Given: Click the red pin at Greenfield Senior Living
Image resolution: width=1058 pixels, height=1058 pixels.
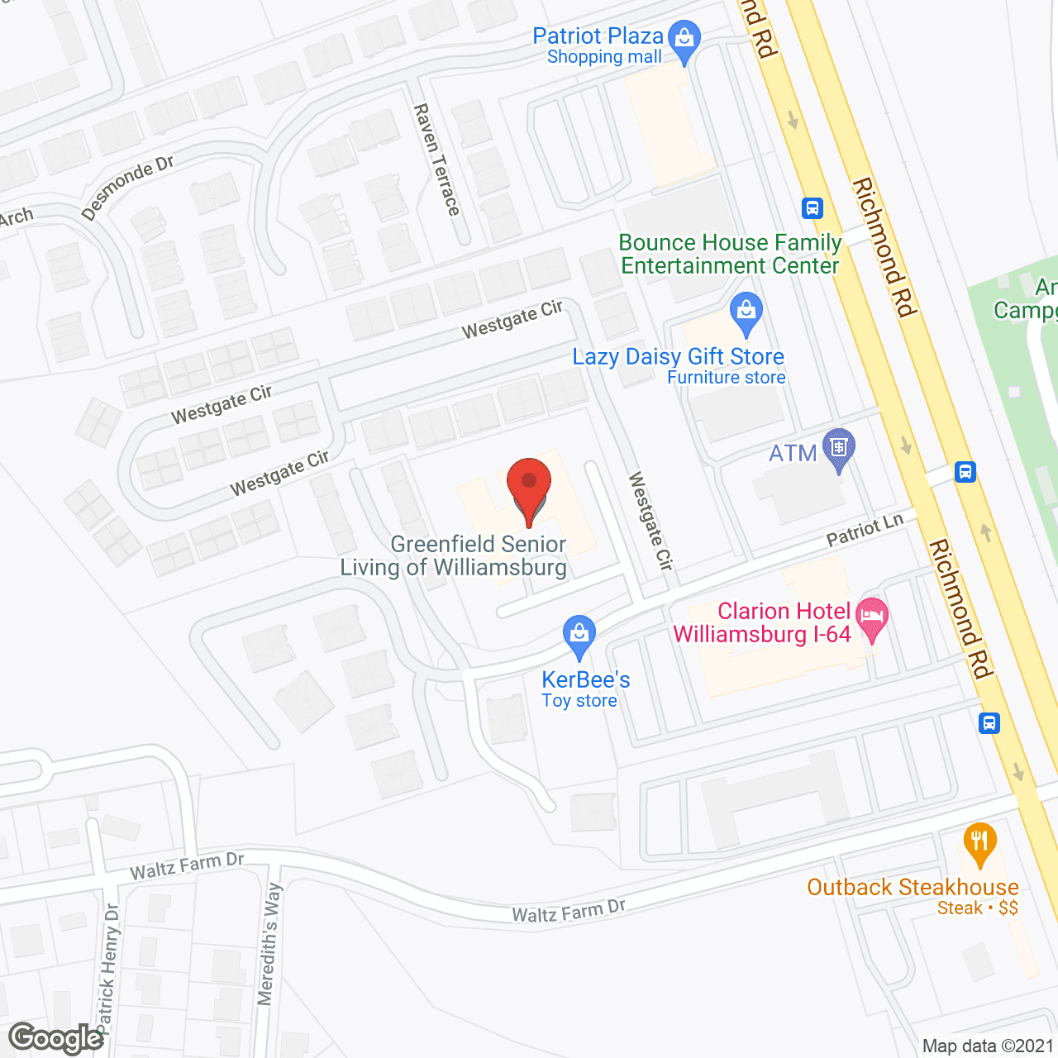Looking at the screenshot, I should (528, 483).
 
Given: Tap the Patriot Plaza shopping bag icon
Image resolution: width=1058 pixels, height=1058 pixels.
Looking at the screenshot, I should (684, 39).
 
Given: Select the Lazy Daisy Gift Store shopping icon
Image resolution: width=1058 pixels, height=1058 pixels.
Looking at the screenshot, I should (746, 312).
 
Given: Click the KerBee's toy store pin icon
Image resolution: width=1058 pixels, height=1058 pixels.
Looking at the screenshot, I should (579, 634).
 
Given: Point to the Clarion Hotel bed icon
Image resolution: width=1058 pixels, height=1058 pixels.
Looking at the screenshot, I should (872, 616).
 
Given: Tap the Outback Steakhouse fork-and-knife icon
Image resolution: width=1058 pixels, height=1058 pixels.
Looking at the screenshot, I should (979, 842).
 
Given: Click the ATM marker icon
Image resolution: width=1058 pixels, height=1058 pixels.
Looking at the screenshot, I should (839, 448).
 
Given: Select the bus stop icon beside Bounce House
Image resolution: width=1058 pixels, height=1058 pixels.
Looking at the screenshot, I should (812, 207).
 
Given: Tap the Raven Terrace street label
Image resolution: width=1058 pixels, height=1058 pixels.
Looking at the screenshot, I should (436, 160).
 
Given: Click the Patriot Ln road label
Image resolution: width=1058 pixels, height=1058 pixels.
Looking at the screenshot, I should (865, 530).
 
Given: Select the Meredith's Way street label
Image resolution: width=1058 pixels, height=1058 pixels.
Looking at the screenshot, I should (270, 944).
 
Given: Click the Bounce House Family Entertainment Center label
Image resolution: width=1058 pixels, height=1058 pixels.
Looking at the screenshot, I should (730, 254).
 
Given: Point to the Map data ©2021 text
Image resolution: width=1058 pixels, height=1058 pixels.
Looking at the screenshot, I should (988, 1046).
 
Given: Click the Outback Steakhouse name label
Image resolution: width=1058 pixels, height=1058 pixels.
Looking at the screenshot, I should (913, 888).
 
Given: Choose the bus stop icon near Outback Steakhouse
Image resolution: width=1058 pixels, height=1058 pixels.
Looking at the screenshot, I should (989, 722).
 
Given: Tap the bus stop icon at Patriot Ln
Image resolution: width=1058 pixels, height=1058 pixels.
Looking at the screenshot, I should (965, 471).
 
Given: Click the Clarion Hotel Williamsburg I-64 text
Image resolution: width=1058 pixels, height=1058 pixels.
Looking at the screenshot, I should (762, 622).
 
